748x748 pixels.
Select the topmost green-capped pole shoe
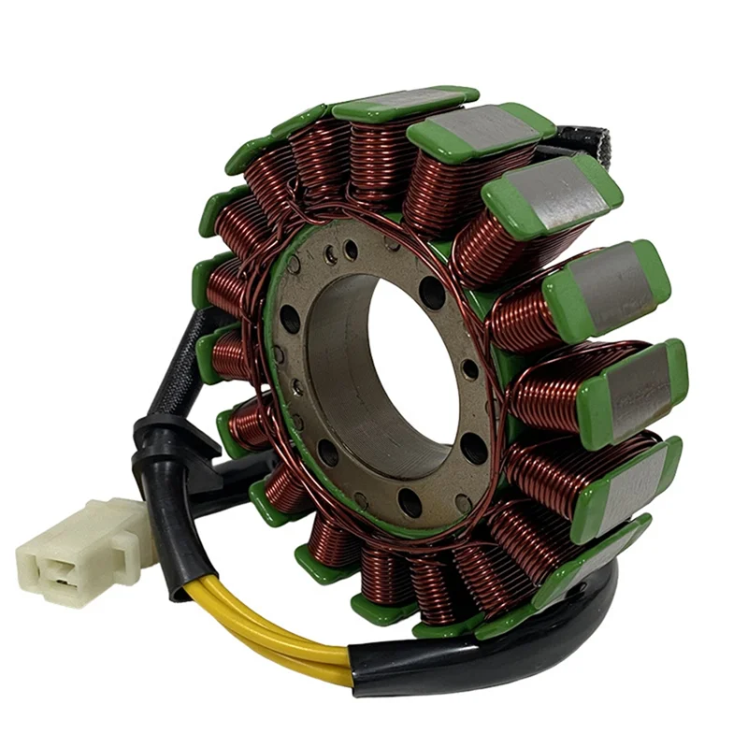pos(407,103)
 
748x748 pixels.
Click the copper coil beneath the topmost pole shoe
pos(383,159)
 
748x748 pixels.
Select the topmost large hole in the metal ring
pos(432,293)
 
